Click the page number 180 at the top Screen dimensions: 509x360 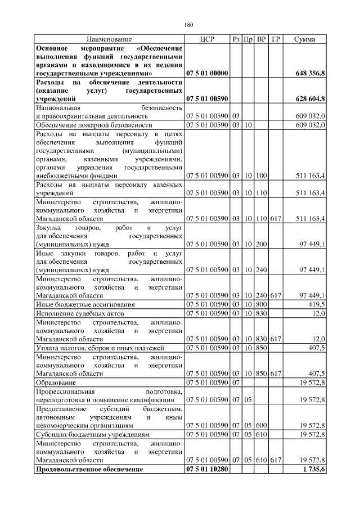pyautogui.click(x=188, y=25)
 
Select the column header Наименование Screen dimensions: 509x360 pyautogui.click(x=109, y=39)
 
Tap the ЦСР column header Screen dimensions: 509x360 pyautogui.click(x=206, y=39)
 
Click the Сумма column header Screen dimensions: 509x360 pyautogui.click(x=304, y=39)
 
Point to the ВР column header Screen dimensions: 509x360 pyautogui.click(x=261, y=39)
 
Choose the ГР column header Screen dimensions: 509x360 pyautogui.click(x=275, y=39)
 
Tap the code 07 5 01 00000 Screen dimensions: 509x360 pyautogui.click(x=206, y=73)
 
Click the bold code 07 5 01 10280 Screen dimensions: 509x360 pyautogui.click(x=206, y=469)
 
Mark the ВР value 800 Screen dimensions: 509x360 pyautogui.click(x=261, y=304)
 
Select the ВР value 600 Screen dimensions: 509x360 pyautogui.click(x=261, y=426)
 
